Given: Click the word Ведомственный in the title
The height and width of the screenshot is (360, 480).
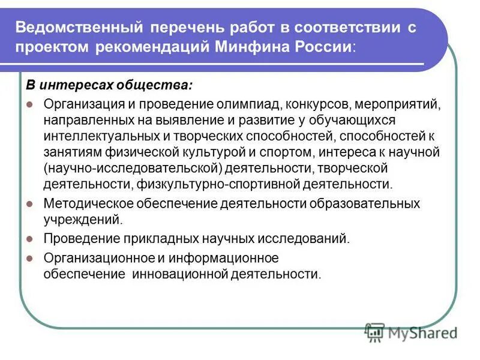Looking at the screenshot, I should pyautogui.click(x=77, y=28).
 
